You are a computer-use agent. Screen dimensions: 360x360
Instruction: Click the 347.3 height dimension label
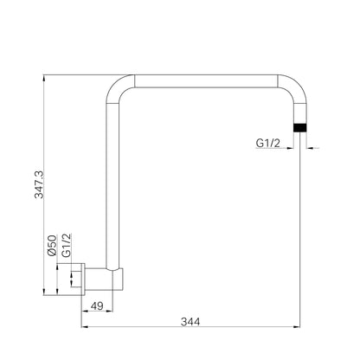point(39,184)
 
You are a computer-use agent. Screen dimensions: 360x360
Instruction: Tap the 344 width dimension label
point(190,322)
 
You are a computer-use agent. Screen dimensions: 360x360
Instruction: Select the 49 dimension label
point(97,305)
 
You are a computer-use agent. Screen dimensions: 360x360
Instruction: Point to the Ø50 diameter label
point(52,246)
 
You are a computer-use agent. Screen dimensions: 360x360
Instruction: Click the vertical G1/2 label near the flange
point(67,245)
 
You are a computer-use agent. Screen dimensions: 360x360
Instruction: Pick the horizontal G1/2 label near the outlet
point(268,143)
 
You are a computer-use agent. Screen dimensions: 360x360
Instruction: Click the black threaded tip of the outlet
point(299,127)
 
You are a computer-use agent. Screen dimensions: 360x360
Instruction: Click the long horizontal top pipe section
point(206,81)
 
